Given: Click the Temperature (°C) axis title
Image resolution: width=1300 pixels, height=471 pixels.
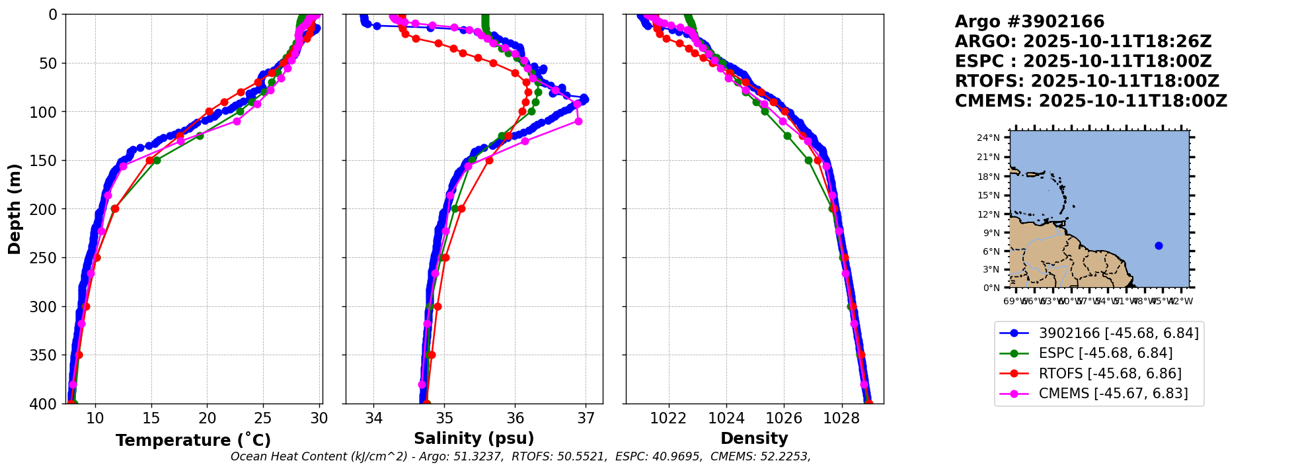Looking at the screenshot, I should pos(193,441).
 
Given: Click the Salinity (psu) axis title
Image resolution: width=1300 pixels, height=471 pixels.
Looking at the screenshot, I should pos(474,439).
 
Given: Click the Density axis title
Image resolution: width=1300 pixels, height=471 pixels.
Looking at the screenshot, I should pos(754,439).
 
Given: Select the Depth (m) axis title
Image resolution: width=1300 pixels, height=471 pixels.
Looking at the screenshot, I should pos(15,209).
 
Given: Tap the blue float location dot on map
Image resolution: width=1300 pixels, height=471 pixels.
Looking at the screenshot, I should pos(1159,245).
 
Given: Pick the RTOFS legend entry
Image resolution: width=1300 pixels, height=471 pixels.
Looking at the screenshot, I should pos(1110,374).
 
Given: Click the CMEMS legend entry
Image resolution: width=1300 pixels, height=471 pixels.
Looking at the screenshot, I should pos(1113,394).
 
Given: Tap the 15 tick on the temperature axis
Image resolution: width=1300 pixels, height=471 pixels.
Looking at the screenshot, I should pos(151,418).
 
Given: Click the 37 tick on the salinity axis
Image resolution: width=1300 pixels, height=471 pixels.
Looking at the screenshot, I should pos(586,418).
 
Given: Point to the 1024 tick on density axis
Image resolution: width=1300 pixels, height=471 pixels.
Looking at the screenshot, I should pos(726,418).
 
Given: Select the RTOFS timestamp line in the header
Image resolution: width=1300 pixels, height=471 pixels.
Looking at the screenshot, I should pos(1087,81).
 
